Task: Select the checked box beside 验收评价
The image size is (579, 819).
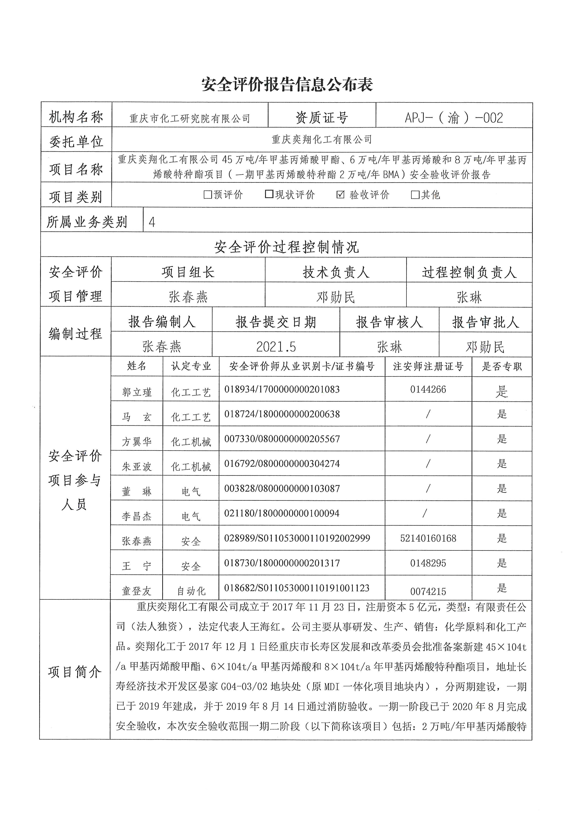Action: (x=340, y=194)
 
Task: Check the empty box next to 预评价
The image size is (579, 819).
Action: (x=208, y=194)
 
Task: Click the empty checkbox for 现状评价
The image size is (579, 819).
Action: (x=269, y=194)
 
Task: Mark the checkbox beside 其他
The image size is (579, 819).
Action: (x=415, y=194)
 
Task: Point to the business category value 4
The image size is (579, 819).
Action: (x=152, y=222)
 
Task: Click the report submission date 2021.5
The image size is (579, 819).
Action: (x=276, y=346)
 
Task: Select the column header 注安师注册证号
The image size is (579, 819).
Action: (x=428, y=366)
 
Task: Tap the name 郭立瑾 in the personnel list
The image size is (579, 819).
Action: (x=137, y=392)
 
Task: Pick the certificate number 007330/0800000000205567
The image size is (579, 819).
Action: (x=282, y=439)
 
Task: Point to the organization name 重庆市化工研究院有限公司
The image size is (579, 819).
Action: (x=190, y=118)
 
